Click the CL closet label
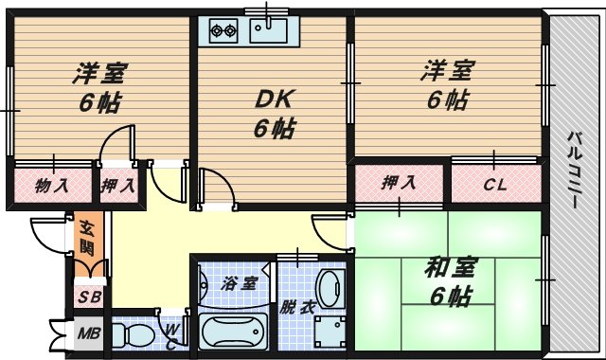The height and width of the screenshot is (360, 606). point(495,184)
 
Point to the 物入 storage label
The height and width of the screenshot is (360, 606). point(52,184)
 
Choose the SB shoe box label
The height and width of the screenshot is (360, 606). point(88,297)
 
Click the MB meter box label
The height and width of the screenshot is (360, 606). point(88,333)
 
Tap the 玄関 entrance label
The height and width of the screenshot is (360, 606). point(86,240)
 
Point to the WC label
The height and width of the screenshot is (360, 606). point(173,333)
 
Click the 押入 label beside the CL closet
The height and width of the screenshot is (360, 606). point(400,184)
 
